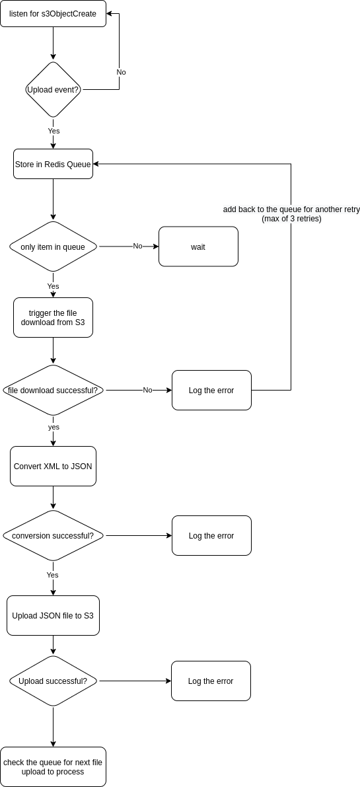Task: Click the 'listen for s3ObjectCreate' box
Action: click(x=53, y=14)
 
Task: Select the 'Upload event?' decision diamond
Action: click(x=53, y=89)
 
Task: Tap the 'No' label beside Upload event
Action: click(x=121, y=72)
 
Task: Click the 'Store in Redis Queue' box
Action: click(x=53, y=164)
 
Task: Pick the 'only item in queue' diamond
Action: click(x=53, y=246)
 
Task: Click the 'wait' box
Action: click(x=198, y=246)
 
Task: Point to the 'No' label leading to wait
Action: click(x=137, y=246)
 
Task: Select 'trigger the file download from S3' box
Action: click(x=53, y=318)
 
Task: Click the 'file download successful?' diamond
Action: click(x=53, y=391)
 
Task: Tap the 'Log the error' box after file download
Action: click(x=211, y=391)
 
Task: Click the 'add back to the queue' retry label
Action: click(x=291, y=213)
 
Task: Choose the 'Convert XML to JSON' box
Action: click(x=53, y=466)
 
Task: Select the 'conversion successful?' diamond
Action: click(x=53, y=536)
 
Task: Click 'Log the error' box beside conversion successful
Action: click(x=211, y=536)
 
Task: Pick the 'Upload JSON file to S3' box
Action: click(x=53, y=616)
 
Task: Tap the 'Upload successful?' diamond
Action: click(x=53, y=681)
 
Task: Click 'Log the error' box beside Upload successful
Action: click(x=211, y=681)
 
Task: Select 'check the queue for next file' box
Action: click(x=53, y=767)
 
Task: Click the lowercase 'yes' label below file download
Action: click(x=54, y=427)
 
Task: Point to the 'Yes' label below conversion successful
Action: click(x=53, y=575)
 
